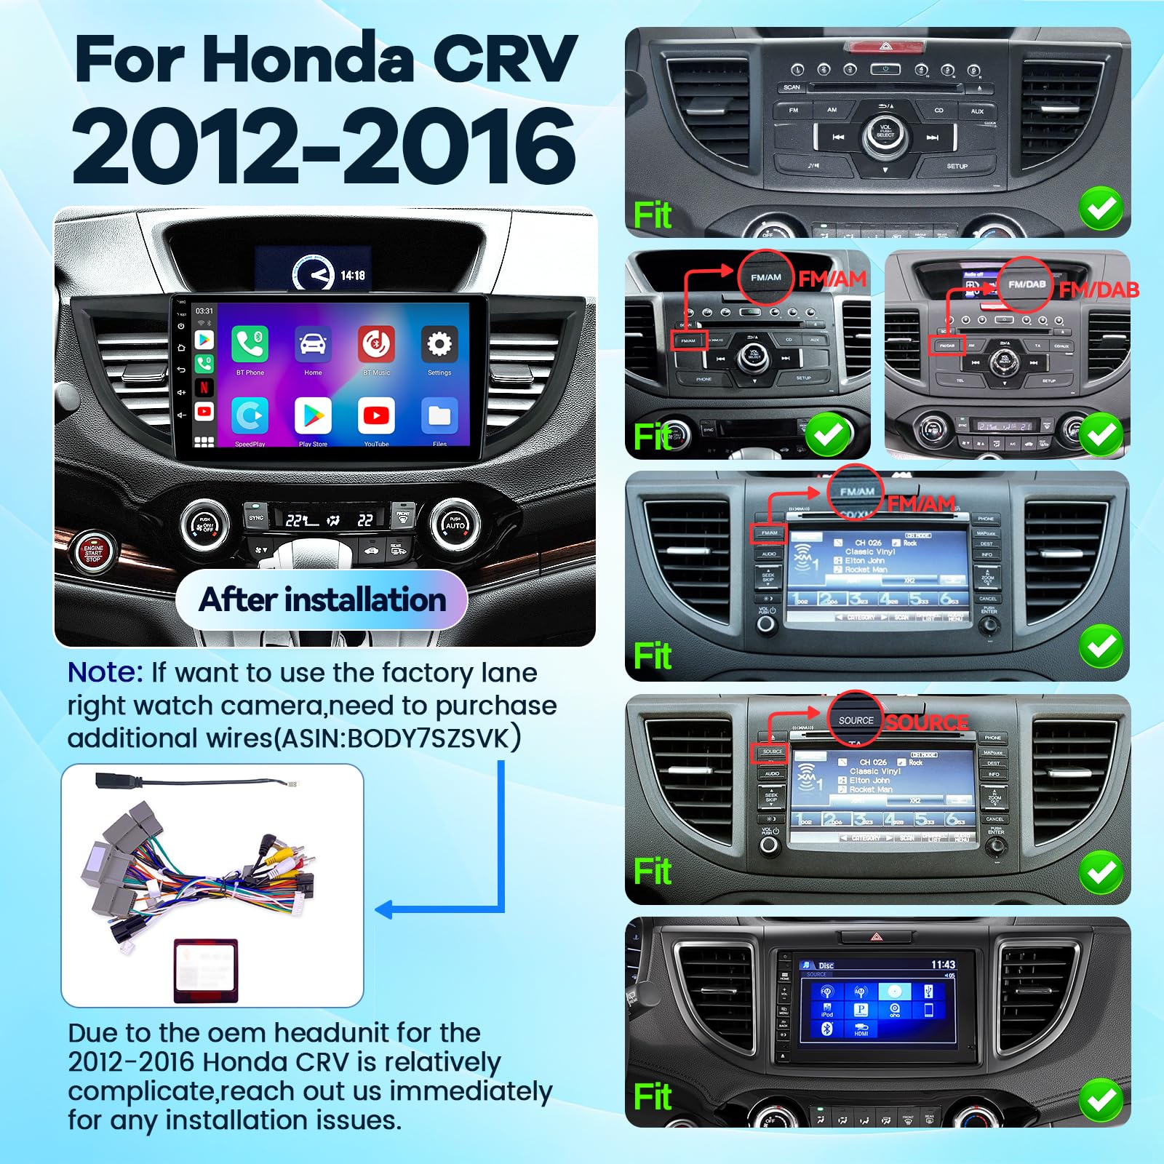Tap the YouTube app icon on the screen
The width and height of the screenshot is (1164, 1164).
click(x=376, y=415)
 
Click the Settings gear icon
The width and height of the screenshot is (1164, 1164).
click(x=439, y=344)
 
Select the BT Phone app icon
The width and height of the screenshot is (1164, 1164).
click(x=250, y=344)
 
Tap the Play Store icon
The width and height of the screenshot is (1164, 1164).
click(x=313, y=415)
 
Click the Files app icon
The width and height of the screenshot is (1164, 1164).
click(x=439, y=415)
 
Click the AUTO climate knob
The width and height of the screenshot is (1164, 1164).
click(x=455, y=525)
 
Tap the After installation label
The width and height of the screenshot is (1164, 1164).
click(x=322, y=600)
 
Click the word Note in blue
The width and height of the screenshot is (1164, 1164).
click(x=105, y=672)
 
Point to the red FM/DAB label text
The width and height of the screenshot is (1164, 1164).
click(x=1099, y=290)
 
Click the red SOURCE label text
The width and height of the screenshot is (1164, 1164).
click(x=926, y=722)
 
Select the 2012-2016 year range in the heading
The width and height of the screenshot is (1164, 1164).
click(x=324, y=145)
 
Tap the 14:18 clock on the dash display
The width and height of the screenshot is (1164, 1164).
click(x=353, y=275)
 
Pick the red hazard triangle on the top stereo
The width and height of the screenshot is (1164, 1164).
click(x=885, y=46)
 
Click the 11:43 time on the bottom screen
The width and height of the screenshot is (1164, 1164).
click(x=943, y=965)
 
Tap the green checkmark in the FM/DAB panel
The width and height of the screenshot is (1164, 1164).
click(x=1101, y=434)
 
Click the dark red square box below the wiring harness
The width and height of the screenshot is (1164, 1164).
click(x=206, y=970)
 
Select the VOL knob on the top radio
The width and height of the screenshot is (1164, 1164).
click(x=885, y=134)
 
